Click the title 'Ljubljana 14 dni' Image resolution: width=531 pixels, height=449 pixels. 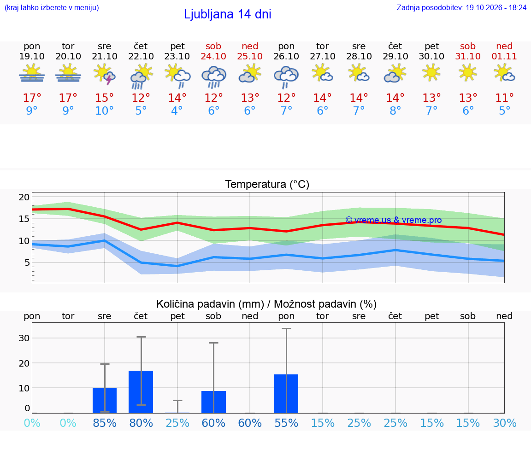point(227,14)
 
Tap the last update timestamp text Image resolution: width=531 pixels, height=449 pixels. point(461,8)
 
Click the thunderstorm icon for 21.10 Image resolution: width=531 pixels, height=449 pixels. point(105,74)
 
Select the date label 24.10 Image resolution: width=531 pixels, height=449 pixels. point(213,56)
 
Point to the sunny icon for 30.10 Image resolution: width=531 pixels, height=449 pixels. point(431,73)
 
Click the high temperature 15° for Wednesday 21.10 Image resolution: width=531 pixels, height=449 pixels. point(104,98)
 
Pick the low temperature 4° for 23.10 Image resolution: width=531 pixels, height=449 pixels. point(177,111)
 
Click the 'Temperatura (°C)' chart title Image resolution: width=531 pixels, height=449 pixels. point(267,184)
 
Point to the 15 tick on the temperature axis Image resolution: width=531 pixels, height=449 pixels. point(24,219)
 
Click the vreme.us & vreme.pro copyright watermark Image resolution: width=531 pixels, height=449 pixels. point(393,220)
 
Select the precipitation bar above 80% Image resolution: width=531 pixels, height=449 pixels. point(141,392)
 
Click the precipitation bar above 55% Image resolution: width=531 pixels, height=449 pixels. point(286,394)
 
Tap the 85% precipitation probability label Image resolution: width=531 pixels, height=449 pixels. point(105,423)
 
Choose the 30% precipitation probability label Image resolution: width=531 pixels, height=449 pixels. point(505,423)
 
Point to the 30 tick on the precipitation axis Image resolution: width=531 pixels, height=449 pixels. point(24,338)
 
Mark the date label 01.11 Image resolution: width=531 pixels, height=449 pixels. point(504,56)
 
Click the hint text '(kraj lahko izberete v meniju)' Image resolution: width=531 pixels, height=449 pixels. point(52,8)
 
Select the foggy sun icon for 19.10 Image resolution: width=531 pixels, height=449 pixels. point(32,73)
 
